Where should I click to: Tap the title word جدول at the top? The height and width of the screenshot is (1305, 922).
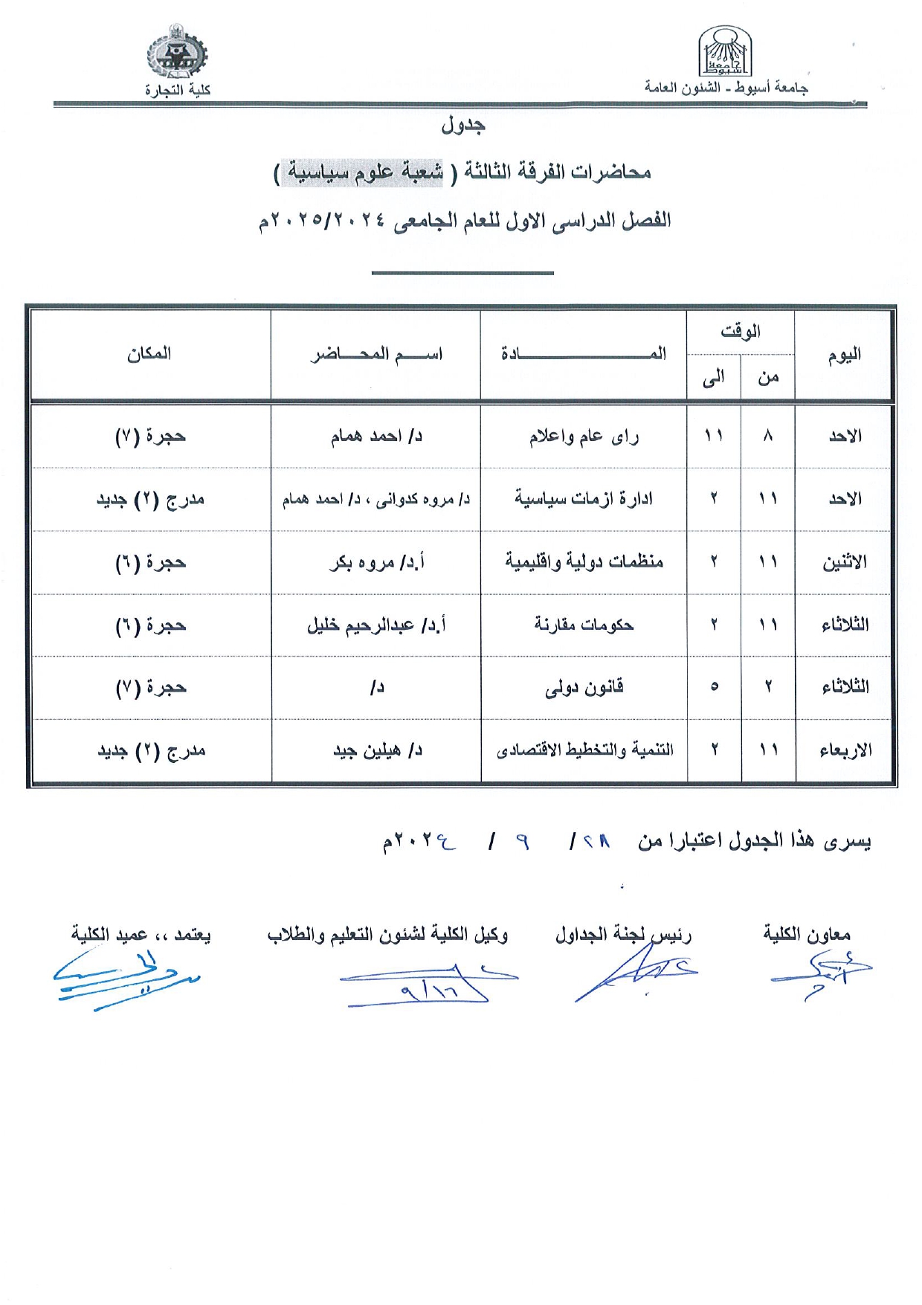[x=462, y=125]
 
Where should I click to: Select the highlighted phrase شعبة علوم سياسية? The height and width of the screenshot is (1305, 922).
[x=366, y=172]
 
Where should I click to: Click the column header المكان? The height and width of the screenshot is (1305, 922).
[x=149, y=354]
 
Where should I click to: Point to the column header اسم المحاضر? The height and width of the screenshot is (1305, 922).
[x=376, y=354]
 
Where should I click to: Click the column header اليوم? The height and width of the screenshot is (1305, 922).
[x=845, y=355]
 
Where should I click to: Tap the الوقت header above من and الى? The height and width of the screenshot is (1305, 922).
[x=741, y=332]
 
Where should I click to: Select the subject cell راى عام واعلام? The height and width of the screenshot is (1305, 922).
[x=584, y=436]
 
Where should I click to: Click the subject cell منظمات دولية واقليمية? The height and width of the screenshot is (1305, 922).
[x=584, y=561]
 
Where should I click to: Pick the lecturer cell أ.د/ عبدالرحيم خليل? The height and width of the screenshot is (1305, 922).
[x=376, y=625]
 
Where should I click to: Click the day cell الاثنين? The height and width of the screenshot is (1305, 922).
[x=845, y=562]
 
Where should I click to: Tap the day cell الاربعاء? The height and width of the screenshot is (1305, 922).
[x=845, y=750]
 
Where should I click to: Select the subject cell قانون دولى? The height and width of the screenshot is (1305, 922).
[x=584, y=688]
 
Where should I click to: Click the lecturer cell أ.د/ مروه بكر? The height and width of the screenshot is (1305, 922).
[x=376, y=562]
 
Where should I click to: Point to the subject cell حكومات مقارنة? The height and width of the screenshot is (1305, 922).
[x=584, y=625]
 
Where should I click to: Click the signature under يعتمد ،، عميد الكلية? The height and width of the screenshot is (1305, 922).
[x=126, y=978]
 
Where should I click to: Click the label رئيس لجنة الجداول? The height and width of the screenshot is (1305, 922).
[x=623, y=935]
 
